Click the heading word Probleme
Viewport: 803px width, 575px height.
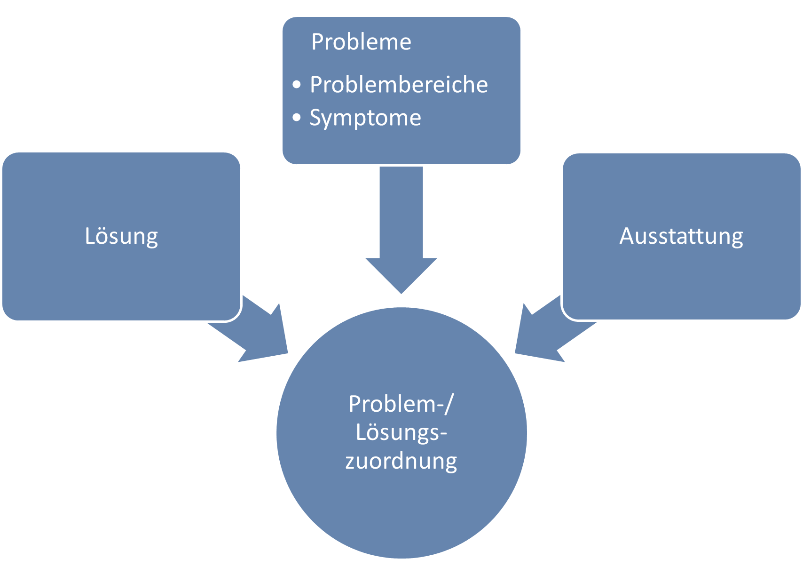[361, 42]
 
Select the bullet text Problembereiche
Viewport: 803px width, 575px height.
[399, 85]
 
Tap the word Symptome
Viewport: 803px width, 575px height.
[365, 118]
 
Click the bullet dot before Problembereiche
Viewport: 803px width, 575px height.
[296, 85]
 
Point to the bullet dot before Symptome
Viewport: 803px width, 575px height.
[296, 118]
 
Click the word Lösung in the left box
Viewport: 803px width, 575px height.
[121, 236]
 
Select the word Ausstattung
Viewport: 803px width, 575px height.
[681, 236]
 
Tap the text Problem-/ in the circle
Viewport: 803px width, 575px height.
[401, 404]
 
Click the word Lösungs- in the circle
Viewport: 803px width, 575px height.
[401, 432]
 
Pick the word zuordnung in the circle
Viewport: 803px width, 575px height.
[401, 461]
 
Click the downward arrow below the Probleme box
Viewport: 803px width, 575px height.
[401, 226]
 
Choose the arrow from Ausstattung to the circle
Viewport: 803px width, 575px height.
[545, 329]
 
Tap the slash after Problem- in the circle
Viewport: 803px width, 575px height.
[449, 404]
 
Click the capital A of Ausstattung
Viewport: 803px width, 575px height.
[627, 236]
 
